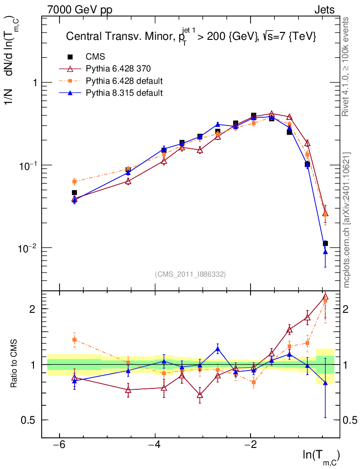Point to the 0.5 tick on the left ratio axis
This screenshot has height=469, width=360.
click(x=31, y=420)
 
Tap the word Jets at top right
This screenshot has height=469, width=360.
click(x=324, y=10)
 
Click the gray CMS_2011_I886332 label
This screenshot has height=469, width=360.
click(x=190, y=274)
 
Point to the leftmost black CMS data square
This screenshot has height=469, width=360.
click(x=74, y=193)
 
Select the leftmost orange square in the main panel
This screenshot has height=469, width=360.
click(x=74, y=181)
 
